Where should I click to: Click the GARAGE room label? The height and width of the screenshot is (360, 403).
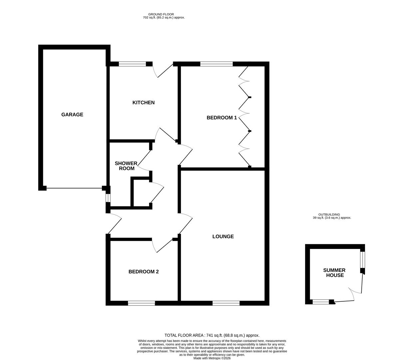72,115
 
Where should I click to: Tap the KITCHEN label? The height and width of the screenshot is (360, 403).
144,103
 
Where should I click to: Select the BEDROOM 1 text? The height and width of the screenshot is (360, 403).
221,118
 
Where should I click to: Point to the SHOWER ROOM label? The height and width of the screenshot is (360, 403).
126,166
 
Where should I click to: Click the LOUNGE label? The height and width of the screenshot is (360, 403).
223,237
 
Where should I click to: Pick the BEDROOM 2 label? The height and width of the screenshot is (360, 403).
144,272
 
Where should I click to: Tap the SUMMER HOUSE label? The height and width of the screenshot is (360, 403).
335,273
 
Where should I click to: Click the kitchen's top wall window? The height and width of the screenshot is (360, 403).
132,64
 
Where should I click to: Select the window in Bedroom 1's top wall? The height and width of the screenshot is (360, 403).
216,64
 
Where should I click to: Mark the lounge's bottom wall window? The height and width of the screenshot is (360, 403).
226,303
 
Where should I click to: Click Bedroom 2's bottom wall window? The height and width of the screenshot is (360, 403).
141,303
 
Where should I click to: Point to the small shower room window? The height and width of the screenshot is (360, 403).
108,198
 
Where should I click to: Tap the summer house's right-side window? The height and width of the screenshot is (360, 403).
363,260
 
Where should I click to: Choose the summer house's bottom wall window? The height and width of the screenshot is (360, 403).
321,302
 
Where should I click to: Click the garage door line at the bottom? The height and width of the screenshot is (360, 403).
74,188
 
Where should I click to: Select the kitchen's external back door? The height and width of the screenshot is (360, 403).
163,71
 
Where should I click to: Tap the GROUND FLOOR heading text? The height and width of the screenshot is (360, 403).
161,14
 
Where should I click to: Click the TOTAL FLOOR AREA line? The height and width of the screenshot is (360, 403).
212,335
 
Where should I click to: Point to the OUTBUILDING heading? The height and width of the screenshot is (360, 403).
329,215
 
